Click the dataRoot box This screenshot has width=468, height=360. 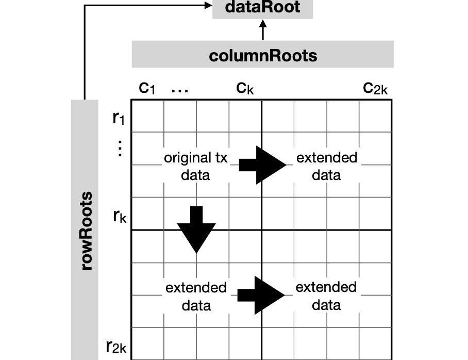click(x=263, y=8)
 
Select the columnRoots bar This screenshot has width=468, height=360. click(x=263, y=55)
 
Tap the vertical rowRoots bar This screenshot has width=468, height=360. click(x=85, y=230)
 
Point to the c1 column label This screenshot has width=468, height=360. click(x=147, y=88)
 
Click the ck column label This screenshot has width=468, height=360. click(x=245, y=88)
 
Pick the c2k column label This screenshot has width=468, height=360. click(x=375, y=88)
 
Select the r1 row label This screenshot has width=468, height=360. click(x=119, y=118)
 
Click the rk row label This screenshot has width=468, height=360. click(x=120, y=216)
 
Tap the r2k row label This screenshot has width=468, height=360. click(x=116, y=346)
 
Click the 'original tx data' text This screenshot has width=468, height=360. click(x=195, y=166)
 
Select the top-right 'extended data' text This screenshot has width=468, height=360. click(x=326, y=166)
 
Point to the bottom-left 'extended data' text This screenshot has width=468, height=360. click(x=196, y=296)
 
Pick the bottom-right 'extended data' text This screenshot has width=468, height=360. click(x=326, y=296)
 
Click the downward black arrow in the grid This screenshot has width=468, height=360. click(x=196, y=229)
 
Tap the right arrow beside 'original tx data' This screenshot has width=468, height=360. click(x=262, y=165)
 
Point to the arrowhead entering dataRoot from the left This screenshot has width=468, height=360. click(x=208, y=6)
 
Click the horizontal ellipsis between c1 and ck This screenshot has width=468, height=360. click(x=179, y=90)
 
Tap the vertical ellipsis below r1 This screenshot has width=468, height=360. click(x=120, y=149)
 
